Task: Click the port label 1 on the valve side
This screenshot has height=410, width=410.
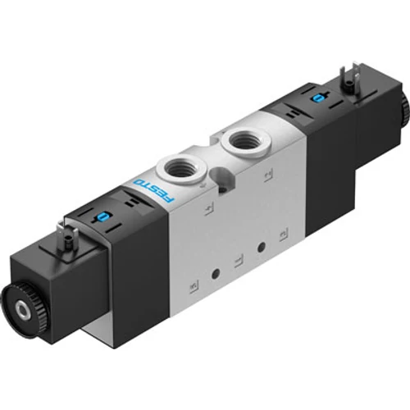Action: pos(237,262)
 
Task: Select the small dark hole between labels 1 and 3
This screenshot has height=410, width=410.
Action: pos(262,247)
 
